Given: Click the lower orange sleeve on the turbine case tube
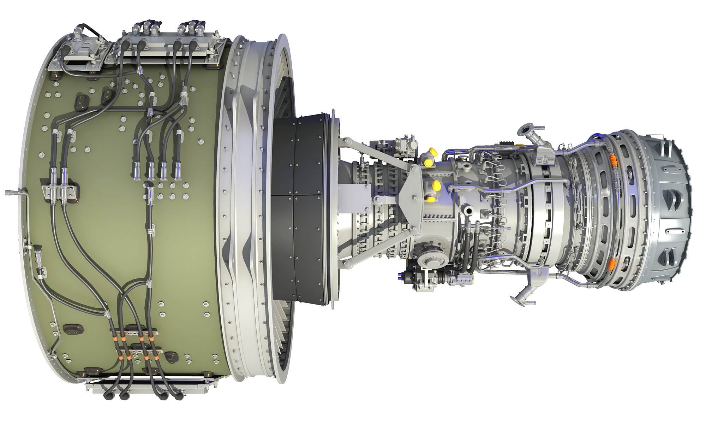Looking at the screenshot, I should tap(613, 263).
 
